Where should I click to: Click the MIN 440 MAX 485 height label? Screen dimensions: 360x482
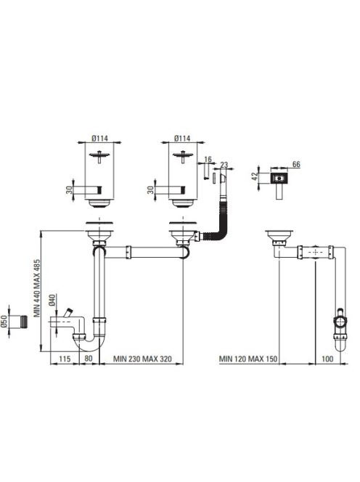point(37,288)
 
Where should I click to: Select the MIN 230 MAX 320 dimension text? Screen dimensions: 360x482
point(142,359)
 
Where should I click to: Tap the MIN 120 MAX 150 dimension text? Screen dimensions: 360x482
point(248,359)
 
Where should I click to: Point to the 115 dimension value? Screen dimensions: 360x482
point(65,359)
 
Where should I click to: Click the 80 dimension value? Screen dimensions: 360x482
point(89,359)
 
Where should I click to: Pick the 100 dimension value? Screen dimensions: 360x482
point(327,359)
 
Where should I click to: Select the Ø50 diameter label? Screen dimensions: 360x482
point(4,322)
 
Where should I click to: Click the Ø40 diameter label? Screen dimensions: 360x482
point(52,300)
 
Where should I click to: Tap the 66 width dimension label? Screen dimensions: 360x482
point(296,165)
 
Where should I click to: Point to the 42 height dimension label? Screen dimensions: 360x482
point(254,176)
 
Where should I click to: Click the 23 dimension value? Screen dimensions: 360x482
point(224,165)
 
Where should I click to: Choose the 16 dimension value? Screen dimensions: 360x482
point(208,159)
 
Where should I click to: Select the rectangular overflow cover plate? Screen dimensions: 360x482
point(279,178)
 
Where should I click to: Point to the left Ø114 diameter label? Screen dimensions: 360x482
point(99,139)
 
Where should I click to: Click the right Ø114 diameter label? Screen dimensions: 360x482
point(182,139)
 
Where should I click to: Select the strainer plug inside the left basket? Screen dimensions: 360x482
point(99,155)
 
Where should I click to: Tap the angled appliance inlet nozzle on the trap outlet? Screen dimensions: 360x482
point(67,313)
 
